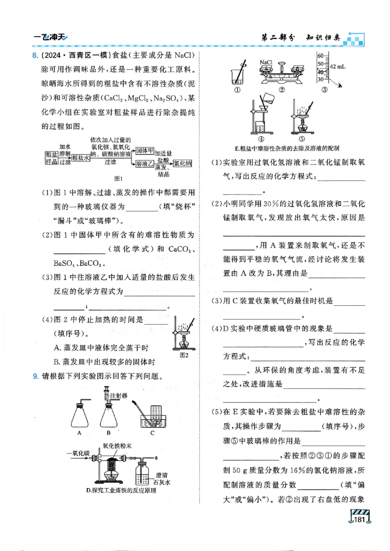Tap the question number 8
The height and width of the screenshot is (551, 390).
point(34,54)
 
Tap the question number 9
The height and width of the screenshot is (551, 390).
point(35,376)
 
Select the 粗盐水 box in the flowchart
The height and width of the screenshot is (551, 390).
point(80,157)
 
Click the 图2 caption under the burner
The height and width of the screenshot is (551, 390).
point(184,355)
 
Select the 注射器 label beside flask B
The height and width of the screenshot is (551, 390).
point(118,395)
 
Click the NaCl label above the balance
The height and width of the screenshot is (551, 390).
point(266,62)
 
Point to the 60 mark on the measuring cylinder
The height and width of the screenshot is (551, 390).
point(320,55)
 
